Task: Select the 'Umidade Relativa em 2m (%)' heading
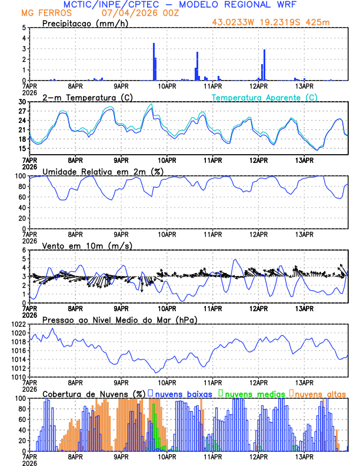click(103, 171)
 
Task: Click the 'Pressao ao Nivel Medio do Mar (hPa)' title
click(119, 319)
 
